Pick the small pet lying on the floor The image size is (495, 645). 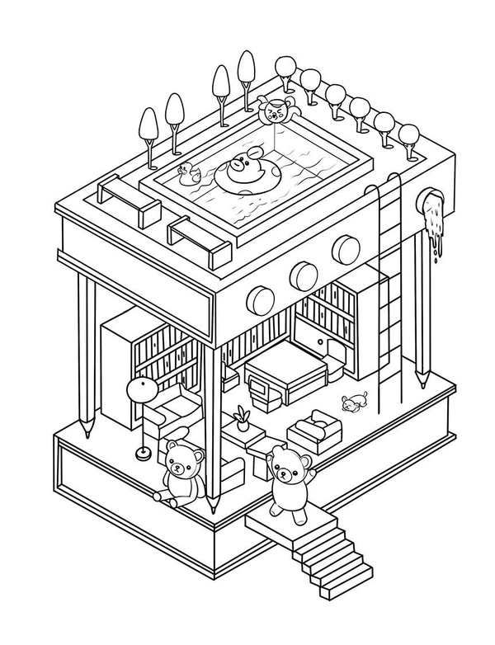[354, 403]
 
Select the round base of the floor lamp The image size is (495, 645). [142, 452]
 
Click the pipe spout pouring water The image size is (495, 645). [431, 202]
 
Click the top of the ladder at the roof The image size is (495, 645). [388, 183]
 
